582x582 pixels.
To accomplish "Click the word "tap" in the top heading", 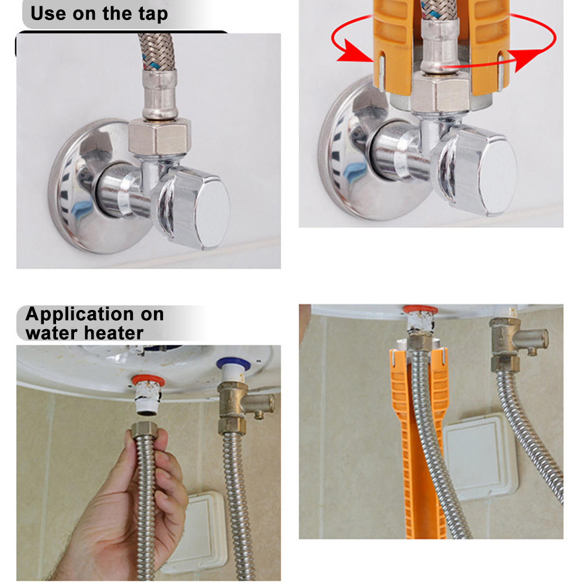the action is (153, 14).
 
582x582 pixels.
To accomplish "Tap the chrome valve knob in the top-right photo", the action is (477, 171).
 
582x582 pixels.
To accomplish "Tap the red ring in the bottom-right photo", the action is (420, 309).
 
